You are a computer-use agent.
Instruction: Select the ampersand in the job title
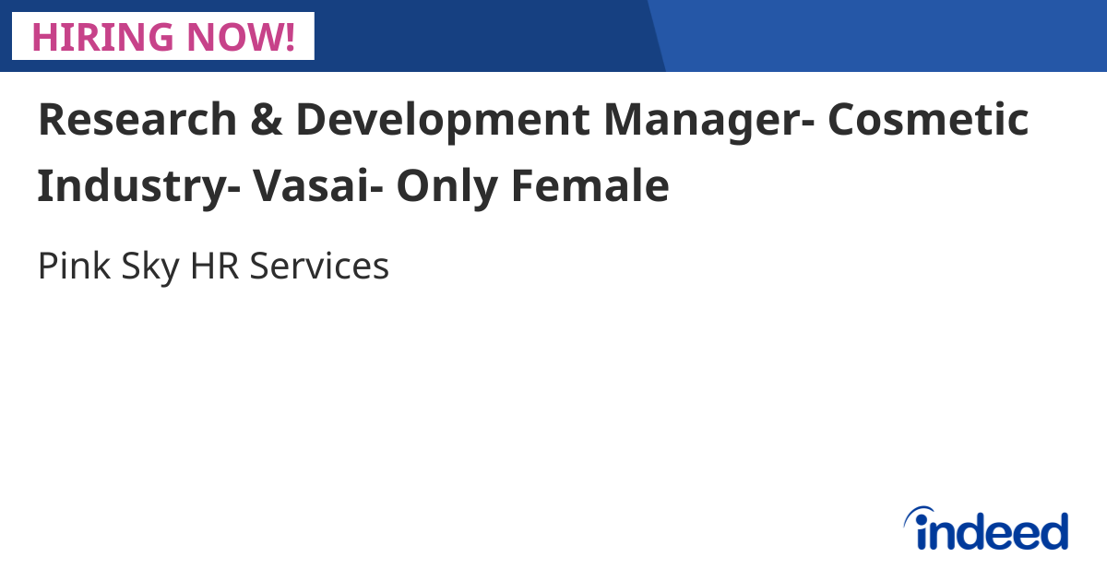265,120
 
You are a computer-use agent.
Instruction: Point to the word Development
441,120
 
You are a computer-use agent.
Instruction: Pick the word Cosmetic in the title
927,120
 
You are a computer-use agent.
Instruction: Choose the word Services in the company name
319,267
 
